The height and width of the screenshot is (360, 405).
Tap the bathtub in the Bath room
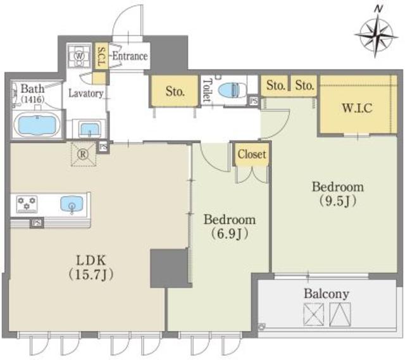(37, 125)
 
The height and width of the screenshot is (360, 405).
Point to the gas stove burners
(27, 204)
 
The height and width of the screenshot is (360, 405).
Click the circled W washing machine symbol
(78, 56)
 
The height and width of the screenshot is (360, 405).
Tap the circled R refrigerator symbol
(83, 154)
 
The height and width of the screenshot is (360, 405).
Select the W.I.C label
(358, 108)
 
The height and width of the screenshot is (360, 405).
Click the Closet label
(252, 154)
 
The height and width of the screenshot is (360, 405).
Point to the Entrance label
(130, 56)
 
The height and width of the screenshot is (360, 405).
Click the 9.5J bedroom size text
(338, 201)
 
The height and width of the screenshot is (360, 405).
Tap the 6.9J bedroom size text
(230, 234)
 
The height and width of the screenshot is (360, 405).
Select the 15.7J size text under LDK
(90, 275)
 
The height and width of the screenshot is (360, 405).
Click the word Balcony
(327, 294)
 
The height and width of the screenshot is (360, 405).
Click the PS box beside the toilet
(254, 101)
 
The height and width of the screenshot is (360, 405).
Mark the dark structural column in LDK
(170, 268)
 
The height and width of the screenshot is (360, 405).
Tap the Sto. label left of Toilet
(175, 91)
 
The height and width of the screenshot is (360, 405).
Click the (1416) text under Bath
(33, 99)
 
